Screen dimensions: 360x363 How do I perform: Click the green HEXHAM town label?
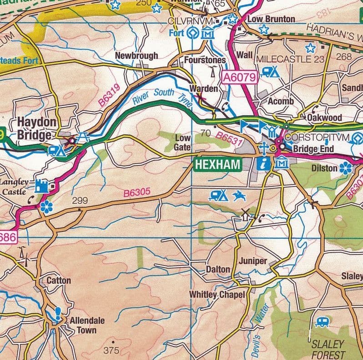217,165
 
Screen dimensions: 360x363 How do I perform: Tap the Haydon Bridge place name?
37,129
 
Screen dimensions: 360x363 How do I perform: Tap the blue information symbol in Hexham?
263,164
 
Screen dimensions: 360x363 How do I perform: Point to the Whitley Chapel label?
217,295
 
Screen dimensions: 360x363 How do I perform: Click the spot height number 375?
111,350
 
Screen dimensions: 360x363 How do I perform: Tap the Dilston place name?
324,168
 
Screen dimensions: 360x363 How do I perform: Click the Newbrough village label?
136,55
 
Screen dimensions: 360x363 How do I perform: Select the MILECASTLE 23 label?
291,59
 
